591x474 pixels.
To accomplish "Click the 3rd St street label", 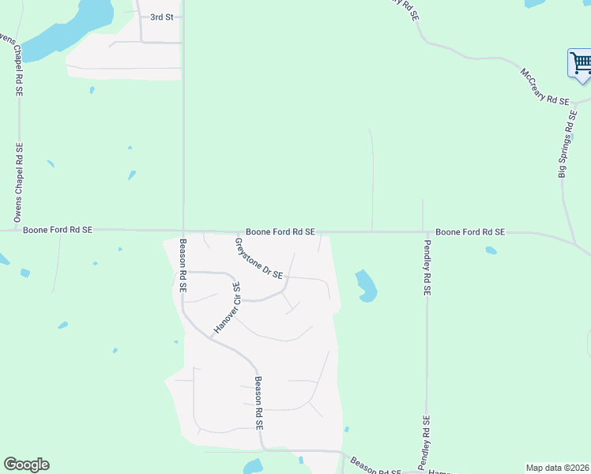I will point(162,16).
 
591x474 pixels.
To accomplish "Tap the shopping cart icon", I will point(581,62).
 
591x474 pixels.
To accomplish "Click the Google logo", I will point(26,465).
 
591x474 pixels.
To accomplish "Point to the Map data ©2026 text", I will point(557,468).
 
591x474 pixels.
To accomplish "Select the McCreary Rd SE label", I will point(544,87).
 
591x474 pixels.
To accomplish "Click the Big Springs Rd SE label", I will point(567,143).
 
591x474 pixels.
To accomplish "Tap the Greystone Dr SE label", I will point(258,259).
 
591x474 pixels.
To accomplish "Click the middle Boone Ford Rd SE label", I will point(280,231).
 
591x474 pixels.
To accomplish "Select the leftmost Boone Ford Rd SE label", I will point(58,229).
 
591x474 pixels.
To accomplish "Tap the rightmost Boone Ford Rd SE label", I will point(470,232).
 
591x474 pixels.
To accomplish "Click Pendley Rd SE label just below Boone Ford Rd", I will point(427,267).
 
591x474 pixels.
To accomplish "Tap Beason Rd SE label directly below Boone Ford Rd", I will point(182,266).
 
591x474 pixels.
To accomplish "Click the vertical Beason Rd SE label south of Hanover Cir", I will point(258,402).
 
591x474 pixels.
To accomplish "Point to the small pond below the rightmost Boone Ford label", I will point(491,251).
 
